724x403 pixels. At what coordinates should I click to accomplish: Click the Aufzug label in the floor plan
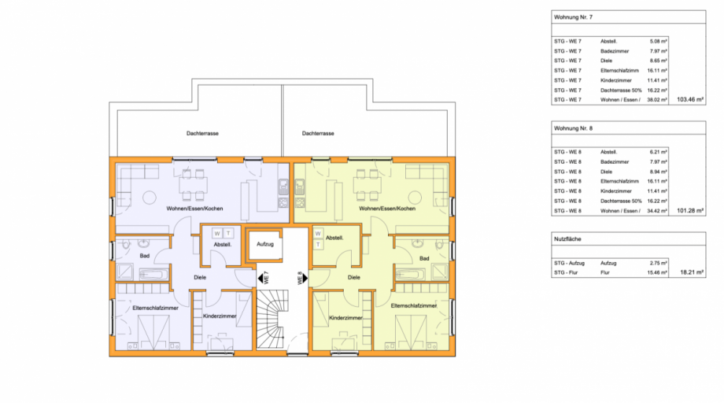[x=264, y=244]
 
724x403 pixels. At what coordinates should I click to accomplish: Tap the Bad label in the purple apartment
[x=145, y=256]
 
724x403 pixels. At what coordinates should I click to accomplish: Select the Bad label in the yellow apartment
[x=424, y=257]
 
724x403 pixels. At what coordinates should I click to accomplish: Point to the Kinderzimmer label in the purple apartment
[x=220, y=316]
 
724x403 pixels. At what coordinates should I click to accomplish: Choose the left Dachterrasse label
[x=202, y=134]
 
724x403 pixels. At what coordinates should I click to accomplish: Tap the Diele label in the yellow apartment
[x=353, y=277]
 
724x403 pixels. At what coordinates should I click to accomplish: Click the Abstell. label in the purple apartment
[x=222, y=245]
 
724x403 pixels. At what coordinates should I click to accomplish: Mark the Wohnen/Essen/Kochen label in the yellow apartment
[x=386, y=209]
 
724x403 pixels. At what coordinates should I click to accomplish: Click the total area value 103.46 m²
[x=690, y=100]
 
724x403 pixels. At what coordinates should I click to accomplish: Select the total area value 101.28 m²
[x=690, y=211]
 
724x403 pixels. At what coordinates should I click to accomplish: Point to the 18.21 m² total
[x=692, y=272]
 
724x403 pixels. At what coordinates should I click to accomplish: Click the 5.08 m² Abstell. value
[x=658, y=41]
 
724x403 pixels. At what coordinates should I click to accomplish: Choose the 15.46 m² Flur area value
[x=657, y=272]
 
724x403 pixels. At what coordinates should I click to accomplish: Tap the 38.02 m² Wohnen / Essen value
[x=657, y=100]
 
